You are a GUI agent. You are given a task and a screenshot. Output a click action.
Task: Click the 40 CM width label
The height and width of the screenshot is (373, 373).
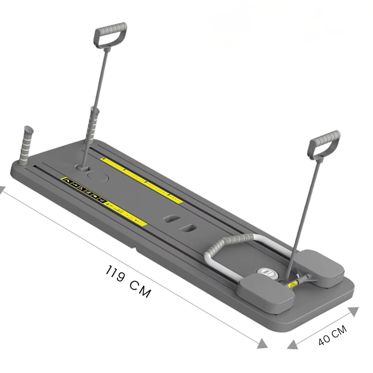[x=332, y=335]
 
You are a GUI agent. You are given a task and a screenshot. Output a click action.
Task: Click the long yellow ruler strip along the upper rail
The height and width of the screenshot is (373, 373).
[x=142, y=180]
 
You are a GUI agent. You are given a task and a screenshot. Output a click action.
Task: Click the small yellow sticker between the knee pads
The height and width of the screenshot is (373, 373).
[x=292, y=284]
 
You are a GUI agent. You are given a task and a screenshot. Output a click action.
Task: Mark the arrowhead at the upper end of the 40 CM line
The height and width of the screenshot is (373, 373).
[x=353, y=312]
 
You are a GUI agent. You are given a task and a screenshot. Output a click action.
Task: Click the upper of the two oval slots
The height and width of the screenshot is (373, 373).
[x=171, y=219]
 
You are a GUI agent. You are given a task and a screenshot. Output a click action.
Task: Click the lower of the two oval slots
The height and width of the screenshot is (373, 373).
[x=189, y=228]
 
